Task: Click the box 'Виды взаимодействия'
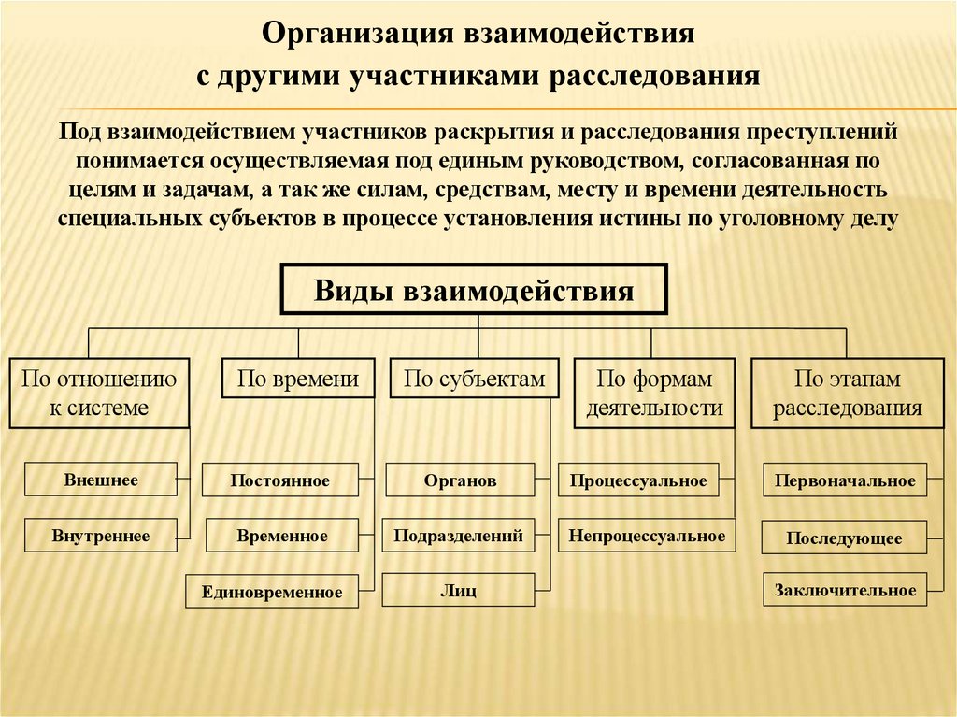[474, 289]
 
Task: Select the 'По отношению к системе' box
[99, 393]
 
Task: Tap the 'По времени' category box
[298, 379]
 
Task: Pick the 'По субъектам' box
[474, 379]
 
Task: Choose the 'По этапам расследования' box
[847, 393]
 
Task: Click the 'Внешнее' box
[101, 480]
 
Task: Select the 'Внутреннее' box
[101, 536]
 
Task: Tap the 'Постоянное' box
[280, 480]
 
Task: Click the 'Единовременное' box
[272, 591]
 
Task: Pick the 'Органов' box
[460, 480]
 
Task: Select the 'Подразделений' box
[458, 536]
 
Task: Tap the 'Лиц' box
[459, 591]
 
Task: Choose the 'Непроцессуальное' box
[647, 536]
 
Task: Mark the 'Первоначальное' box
[845, 480]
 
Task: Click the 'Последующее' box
[844, 538]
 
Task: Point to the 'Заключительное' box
[845, 590]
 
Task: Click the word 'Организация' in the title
[353, 35]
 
